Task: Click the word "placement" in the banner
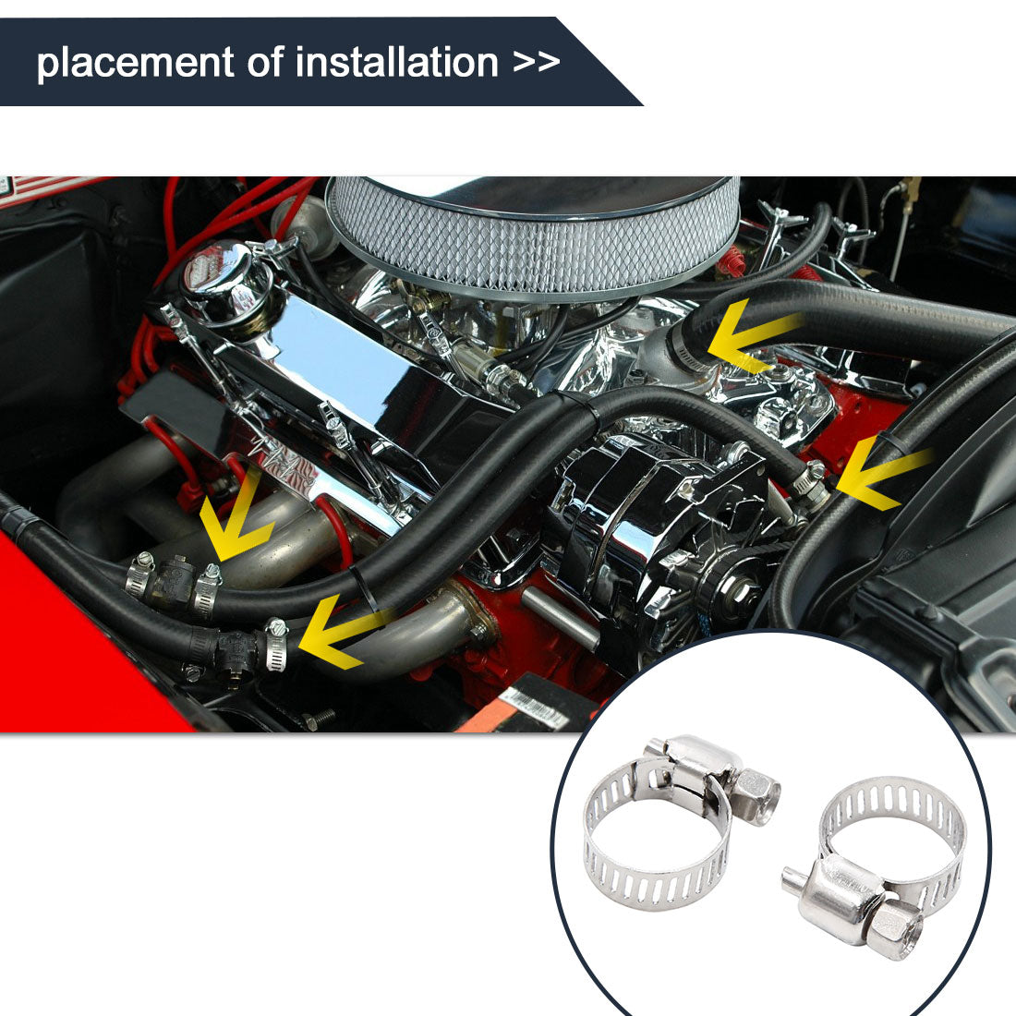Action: point(135,63)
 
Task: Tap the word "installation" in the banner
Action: point(396,62)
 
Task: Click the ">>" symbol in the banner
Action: point(536,62)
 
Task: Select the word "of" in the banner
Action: point(264,62)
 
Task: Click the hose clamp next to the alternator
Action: point(810,483)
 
